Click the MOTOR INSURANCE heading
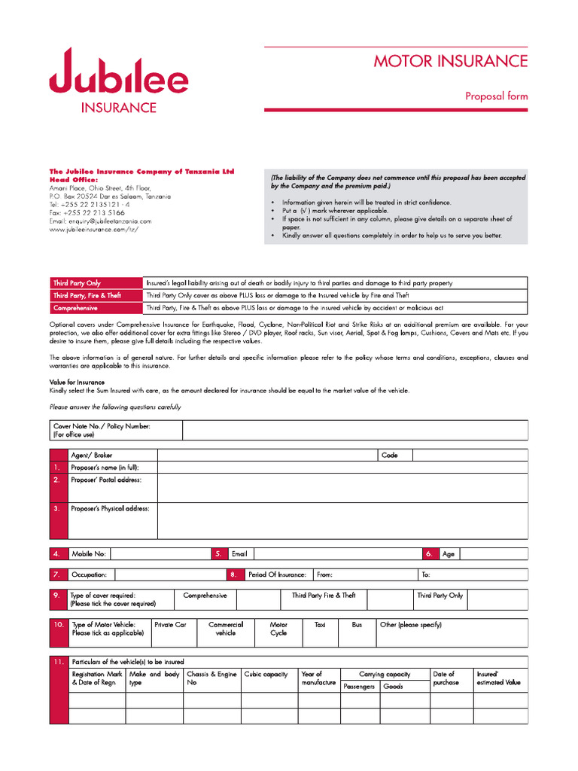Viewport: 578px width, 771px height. pyautogui.click(x=450, y=62)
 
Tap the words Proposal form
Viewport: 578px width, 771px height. pyautogui.click(x=496, y=96)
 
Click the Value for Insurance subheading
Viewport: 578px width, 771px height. pyautogui.click(x=77, y=382)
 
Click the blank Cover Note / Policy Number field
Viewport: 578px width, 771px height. pyautogui.click(x=354, y=430)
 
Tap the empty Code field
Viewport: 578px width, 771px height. pyautogui.click(x=470, y=455)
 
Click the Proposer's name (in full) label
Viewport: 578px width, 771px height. pyautogui.click(x=105, y=468)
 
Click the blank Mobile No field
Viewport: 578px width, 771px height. pyautogui.click(x=160, y=554)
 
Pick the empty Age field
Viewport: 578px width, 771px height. pyautogui.click(x=493, y=554)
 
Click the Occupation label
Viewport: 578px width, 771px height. pyautogui.click(x=89, y=574)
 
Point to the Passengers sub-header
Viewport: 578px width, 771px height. pyautogui.click(x=359, y=687)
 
